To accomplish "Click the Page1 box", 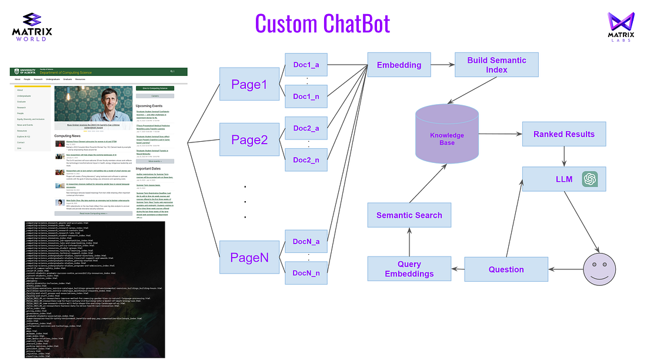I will point(249,85).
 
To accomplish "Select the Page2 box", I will point(249,139).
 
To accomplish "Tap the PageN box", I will point(249,257).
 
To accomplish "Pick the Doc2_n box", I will point(305,159).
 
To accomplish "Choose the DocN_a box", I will point(305,241).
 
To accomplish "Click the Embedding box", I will point(399,65).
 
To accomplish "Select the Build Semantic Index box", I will point(496,65).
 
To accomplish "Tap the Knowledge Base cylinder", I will point(446,136).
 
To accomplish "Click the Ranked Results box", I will point(563,134).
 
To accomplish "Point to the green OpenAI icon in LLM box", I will point(590,179).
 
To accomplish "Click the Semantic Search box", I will point(409,215).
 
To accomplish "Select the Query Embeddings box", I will point(409,269).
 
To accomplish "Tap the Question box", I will point(506,269).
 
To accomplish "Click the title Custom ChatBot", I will point(322,24).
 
